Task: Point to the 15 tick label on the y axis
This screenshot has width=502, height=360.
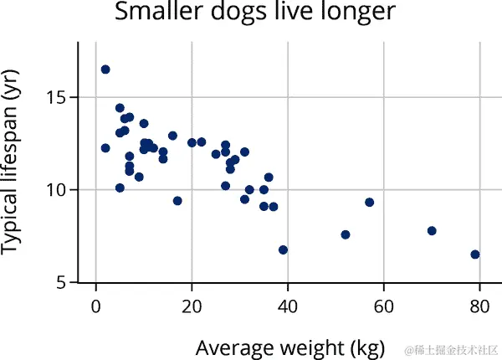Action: pyautogui.click(x=57, y=97)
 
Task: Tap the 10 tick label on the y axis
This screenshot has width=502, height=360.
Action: pyautogui.click(x=57, y=190)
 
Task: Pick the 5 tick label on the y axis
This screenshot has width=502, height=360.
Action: pyautogui.click(x=62, y=283)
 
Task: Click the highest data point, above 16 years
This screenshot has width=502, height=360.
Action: pyautogui.click(x=105, y=69)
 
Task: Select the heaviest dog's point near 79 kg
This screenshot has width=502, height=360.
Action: pyautogui.click(x=475, y=255)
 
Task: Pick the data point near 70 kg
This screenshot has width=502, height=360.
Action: pyautogui.click(x=432, y=231)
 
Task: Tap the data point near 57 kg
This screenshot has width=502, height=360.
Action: pyautogui.click(x=370, y=203)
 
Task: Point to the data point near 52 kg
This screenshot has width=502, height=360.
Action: pyautogui.click(x=346, y=234)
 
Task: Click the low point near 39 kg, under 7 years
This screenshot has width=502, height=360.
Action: pyautogui.click(x=284, y=249)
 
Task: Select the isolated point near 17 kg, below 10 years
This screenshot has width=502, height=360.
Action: pyautogui.click(x=177, y=201)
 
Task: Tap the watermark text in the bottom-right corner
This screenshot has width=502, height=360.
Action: pyautogui.click(x=451, y=347)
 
